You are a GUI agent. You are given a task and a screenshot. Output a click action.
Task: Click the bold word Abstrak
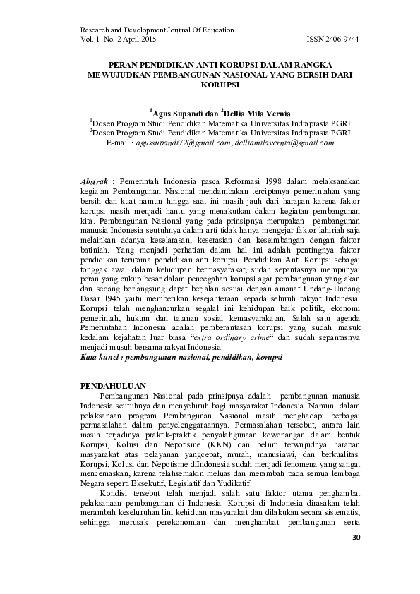[x=94, y=181]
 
